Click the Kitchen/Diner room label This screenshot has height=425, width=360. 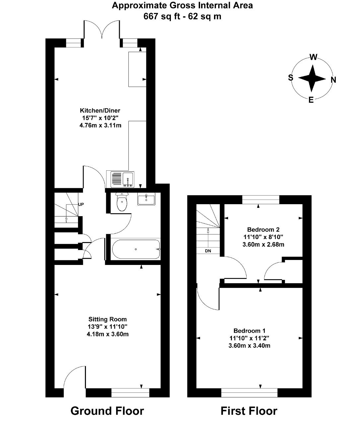100,111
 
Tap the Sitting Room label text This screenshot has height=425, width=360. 108,319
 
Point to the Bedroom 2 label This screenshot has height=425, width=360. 263,230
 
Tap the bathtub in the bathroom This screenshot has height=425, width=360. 136,249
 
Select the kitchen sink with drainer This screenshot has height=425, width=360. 122,179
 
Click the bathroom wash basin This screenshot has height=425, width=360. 146,199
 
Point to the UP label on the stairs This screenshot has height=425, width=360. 81,205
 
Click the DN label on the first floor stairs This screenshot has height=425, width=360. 208,251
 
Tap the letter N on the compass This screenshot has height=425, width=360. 333,80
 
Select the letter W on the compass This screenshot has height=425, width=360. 313,57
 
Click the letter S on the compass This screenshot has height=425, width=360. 291,78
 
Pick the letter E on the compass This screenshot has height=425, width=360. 311,100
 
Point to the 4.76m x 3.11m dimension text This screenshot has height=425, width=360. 100,125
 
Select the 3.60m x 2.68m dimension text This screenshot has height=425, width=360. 263,244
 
